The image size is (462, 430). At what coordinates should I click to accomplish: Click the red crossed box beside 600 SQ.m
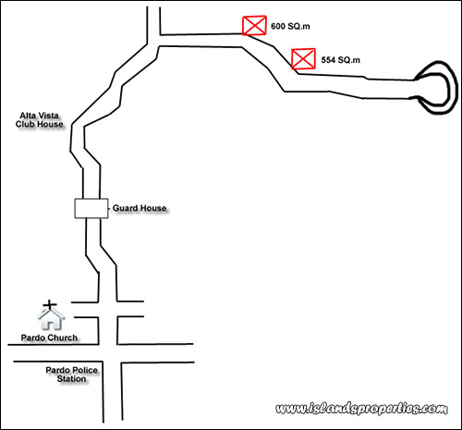[x=254, y=25]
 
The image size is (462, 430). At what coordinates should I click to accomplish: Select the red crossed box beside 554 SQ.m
[x=303, y=58]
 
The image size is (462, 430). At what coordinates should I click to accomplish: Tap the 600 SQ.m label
[x=290, y=27]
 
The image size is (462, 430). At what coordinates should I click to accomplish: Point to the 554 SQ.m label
[x=341, y=60]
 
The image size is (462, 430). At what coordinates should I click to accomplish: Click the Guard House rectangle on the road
[x=91, y=208]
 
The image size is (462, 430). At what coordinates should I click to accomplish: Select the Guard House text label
[x=140, y=208]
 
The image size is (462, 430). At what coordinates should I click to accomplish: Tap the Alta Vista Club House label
[x=40, y=120]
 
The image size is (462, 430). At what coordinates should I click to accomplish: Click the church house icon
[x=51, y=319]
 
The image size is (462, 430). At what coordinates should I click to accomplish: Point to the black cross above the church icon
[x=50, y=305]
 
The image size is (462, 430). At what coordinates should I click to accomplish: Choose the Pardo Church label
[x=49, y=338]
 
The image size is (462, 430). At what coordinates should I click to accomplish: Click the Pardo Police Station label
[x=71, y=375]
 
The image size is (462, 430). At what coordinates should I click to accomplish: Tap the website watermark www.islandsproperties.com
[x=361, y=409]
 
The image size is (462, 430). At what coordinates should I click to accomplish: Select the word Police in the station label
[x=84, y=370]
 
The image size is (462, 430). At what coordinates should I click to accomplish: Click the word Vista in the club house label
[x=48, y=116]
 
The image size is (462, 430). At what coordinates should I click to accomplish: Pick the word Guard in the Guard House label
[x=125, y=208]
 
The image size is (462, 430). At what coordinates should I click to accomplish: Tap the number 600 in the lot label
[x=278, y=27]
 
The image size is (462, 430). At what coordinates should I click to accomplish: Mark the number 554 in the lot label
[x=328, y=60]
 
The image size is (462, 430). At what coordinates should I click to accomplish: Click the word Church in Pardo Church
[x=63, y=338]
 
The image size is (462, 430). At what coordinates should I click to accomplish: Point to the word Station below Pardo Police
[x=71, y=379]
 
